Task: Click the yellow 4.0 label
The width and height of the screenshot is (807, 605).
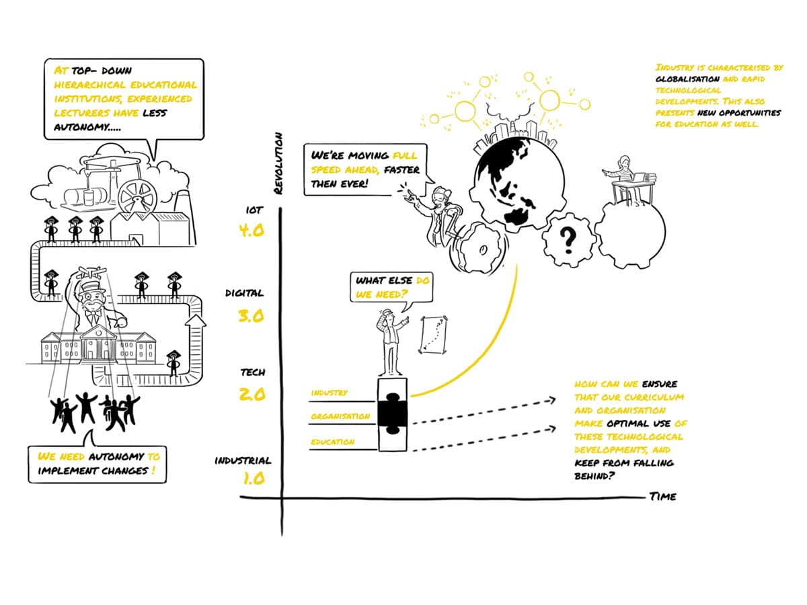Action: coord(252,231)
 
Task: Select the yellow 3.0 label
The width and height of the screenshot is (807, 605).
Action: coord(252,315)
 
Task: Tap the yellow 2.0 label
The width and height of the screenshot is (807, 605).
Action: coord(252,394)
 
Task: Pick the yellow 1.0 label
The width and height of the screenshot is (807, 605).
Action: coord(252,479)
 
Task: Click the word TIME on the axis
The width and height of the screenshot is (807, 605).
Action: coord(662,497)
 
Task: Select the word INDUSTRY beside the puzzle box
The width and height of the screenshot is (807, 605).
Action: coord(329,393)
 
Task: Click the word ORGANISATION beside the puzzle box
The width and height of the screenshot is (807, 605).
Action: coord(340,417)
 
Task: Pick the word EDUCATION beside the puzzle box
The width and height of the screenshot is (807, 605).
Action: coord(332,442)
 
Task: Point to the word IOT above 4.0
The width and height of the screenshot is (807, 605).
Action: coord(254,211)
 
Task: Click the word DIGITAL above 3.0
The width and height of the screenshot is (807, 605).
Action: coord(244,294)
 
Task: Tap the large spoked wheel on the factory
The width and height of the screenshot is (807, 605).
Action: coord(137,195)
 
